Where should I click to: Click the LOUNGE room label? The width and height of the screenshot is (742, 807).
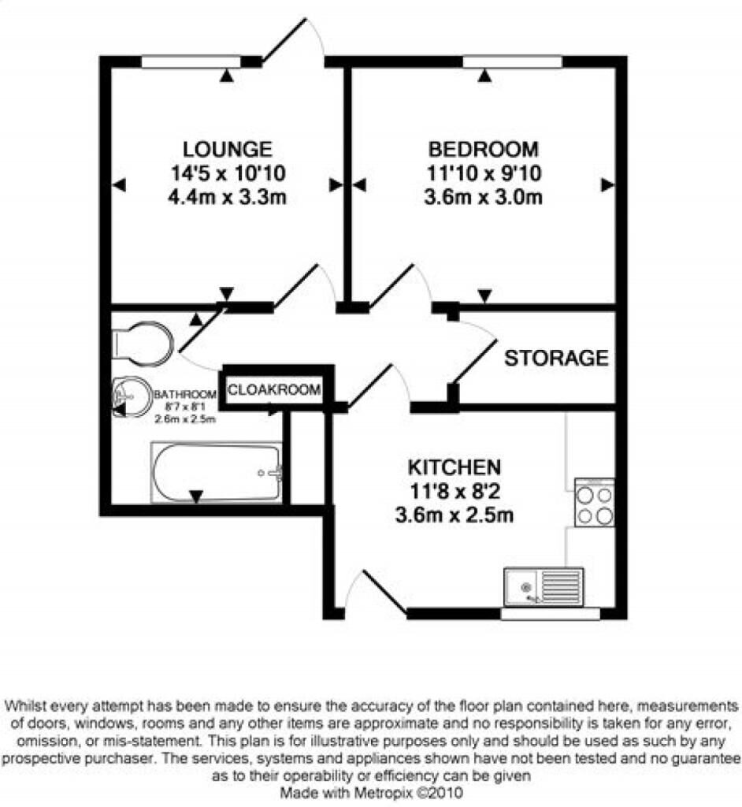(x=228, y=149)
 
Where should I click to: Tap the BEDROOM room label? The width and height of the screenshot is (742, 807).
(x=484, y=149)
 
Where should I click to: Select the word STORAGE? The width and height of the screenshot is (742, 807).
(x=556, y=359)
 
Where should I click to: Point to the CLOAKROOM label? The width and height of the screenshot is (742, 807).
(x=274, y=389)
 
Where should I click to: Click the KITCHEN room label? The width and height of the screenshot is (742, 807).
(x=454, y=467)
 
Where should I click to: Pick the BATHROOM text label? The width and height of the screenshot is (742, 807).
(x=185, y=395)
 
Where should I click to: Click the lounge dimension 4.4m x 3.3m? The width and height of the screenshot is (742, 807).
(x=228, y=197)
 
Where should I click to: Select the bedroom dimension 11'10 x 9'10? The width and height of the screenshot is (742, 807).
(x=484, y=173)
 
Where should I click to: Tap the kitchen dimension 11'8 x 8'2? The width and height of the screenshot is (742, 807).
(x=454, y=492)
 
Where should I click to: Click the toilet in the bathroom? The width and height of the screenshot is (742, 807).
(x=143, y=344)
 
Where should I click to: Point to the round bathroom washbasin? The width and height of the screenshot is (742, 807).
(x=132, y=397)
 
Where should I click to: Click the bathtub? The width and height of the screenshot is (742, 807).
(x=217, y=473)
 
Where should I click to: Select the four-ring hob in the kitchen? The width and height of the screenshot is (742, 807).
(x=595, y=502)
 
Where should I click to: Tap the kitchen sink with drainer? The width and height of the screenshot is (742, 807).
(x=544, y=586)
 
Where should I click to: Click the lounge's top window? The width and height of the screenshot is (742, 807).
(x=191, y=61)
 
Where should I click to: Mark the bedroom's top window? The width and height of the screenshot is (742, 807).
(x=513, y=61)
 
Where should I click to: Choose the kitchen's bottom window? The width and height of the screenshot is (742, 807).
(x=551, y=613)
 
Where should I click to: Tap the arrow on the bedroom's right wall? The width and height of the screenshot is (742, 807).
(x=607, y=184)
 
